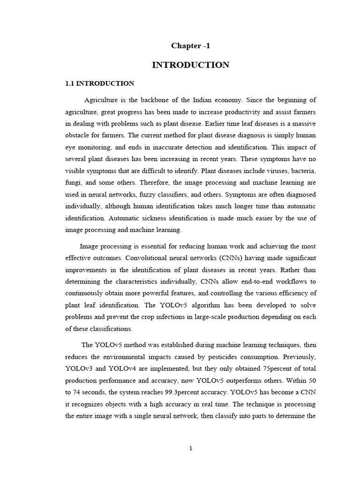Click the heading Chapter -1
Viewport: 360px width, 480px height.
(190, 45)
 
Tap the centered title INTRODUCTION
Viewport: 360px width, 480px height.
(190, 65)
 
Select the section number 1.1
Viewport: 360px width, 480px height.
(70, 83)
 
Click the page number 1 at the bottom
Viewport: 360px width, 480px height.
(190, 448)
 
